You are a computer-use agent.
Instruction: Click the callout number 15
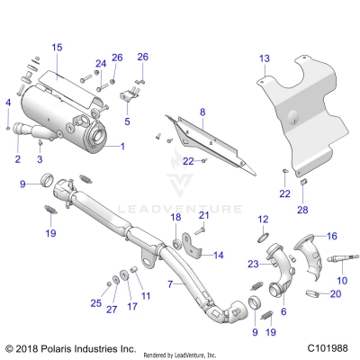[57, 46]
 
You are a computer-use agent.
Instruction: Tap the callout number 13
[264, 58]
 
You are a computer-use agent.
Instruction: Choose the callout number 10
[340, 282]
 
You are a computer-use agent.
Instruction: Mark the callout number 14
[218, 255]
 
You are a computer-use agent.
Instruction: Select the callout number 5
[127, 121]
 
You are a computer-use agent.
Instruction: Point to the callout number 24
[101, 63]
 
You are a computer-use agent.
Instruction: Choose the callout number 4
[8, 103]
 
